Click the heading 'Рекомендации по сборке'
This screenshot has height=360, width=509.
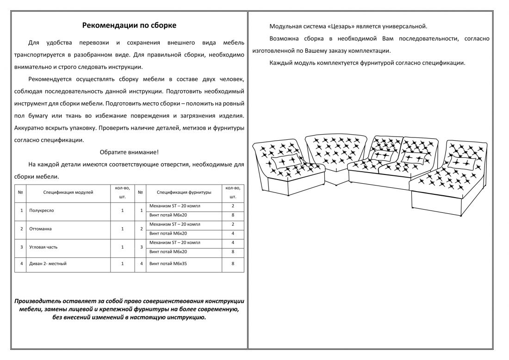click(x=129, y=25)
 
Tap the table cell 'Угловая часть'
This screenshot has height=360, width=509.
click(x=43, y=247)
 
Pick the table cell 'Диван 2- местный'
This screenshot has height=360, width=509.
click(x=47, y=264)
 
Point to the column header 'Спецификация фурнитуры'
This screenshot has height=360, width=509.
click(x=184, y=192)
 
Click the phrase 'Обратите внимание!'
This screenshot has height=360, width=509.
click(x=129, y=152)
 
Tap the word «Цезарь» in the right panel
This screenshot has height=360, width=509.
click(x=333, y=26)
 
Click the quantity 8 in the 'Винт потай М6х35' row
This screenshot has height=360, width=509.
click(x=233, y=264)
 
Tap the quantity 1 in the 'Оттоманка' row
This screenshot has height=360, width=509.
click(x=122, y=229)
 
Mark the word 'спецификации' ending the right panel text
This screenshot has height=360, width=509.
click(x=446, y=62)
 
